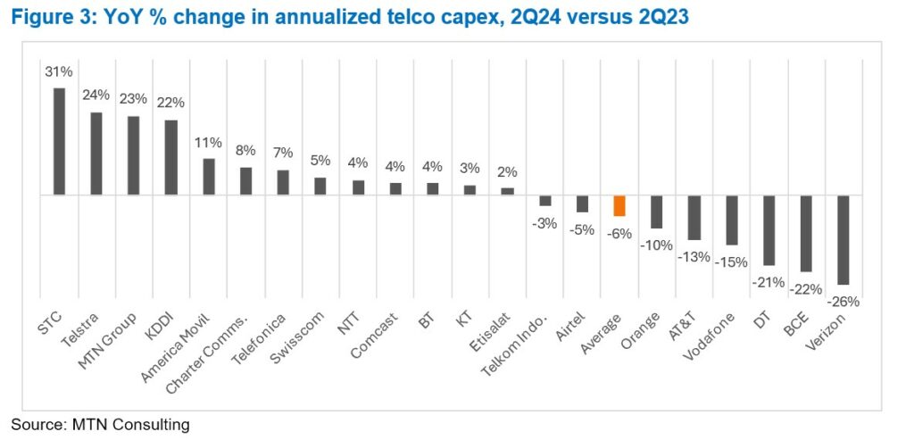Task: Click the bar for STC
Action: (60, 141)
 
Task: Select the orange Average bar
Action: (619, 205)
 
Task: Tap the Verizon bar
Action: (843, 239)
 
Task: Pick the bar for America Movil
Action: (209, 177)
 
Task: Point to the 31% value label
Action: (59, 71)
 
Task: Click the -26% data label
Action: (843, 302)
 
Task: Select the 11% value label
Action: (209, 143)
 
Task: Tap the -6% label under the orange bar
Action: (619, 234)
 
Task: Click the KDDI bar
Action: (171, 157)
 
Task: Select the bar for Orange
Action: (657, 212)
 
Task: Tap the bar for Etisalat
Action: (507, 191)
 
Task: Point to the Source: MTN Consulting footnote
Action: (101, 425)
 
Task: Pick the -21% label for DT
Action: (768, 282)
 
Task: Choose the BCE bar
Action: (805, 233)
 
